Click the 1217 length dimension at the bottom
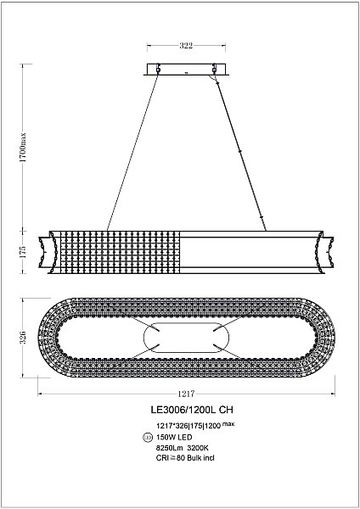point(188,394)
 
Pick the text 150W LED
point(175,436)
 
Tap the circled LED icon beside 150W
point(149,436)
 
